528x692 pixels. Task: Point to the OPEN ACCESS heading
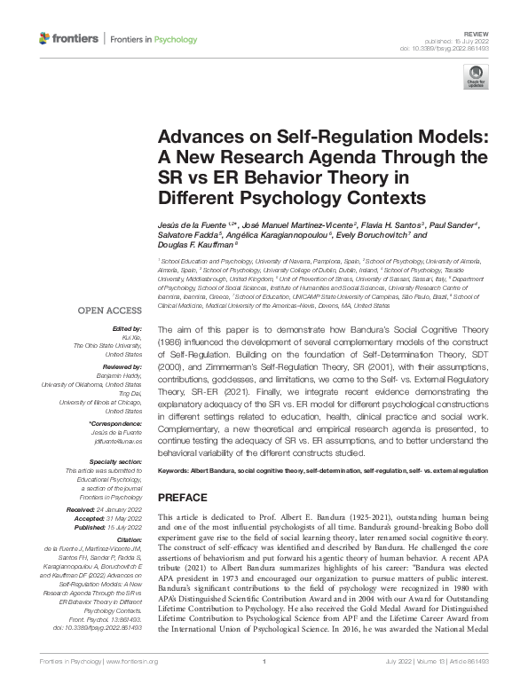pos(110,311)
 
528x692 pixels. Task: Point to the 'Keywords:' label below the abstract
pos(176,468)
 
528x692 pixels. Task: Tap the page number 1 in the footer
pos(264,685)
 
